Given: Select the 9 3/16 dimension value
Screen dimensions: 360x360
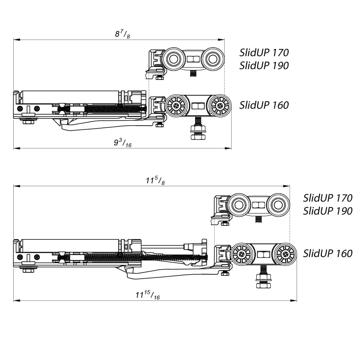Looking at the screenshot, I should pyautogui.click(x=122, y=143).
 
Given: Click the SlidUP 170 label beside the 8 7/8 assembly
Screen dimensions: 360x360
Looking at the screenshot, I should pyautogui.click(x=264, y=53).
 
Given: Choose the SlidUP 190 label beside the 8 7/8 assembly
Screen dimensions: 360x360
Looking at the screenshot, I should pyautogui.click(x=264, y=66).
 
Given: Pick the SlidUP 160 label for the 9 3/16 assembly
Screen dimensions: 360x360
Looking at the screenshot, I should pyautogui.click(x=264, y=105).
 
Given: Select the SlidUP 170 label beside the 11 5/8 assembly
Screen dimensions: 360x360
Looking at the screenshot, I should pyautogui.click(x=328, y=198).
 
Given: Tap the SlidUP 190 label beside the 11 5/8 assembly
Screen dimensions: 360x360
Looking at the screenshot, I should pyautogui.click(x=328, y=211).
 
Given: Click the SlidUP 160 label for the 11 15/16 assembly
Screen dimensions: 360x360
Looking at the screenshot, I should pyautogui.click(x=328, y=253).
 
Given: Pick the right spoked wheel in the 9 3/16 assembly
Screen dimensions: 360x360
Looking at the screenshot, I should pyautogui.click(x=219, y=106).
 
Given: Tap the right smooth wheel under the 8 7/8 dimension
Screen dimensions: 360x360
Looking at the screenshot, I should pyautogui.click(x=212, y=59).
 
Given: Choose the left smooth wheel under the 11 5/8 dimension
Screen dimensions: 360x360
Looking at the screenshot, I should pyautogui.click(x=238, y=206).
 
